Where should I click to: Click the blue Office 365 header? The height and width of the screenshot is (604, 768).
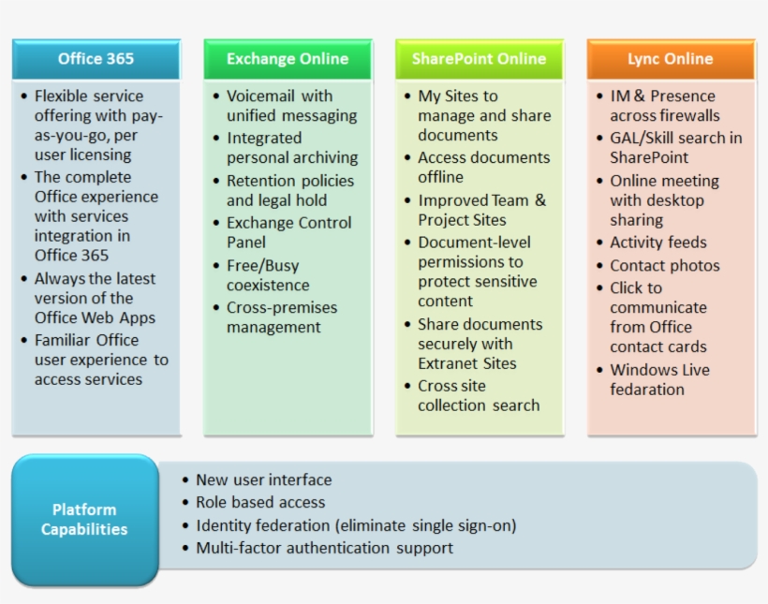96,59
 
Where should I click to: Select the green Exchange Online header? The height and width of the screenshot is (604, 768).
288,59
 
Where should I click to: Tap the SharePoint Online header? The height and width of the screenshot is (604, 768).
479,59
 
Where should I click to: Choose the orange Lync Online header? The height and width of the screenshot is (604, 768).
670,59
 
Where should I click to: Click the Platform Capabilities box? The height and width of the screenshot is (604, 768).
84,520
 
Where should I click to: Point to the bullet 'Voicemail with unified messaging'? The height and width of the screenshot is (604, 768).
290,106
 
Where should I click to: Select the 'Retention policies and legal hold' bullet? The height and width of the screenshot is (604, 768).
289,190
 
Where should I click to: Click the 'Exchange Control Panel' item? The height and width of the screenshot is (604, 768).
288,232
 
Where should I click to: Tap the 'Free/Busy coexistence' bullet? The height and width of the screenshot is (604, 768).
267,275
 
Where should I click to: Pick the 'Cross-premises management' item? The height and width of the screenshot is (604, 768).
281,317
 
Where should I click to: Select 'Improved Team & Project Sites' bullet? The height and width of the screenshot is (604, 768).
480,210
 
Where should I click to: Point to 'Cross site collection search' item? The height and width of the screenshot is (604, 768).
478,396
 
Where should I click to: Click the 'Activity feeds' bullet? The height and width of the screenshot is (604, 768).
657,243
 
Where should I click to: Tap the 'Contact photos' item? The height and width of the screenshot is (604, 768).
664,266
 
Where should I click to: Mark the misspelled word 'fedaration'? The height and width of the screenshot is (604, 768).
647,390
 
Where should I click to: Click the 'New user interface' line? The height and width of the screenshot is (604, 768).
263,479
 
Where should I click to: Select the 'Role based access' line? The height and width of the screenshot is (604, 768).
260,503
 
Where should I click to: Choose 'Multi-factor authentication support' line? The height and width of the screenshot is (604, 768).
324,548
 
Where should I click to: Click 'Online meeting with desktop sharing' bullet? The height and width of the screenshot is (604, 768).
663,200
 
